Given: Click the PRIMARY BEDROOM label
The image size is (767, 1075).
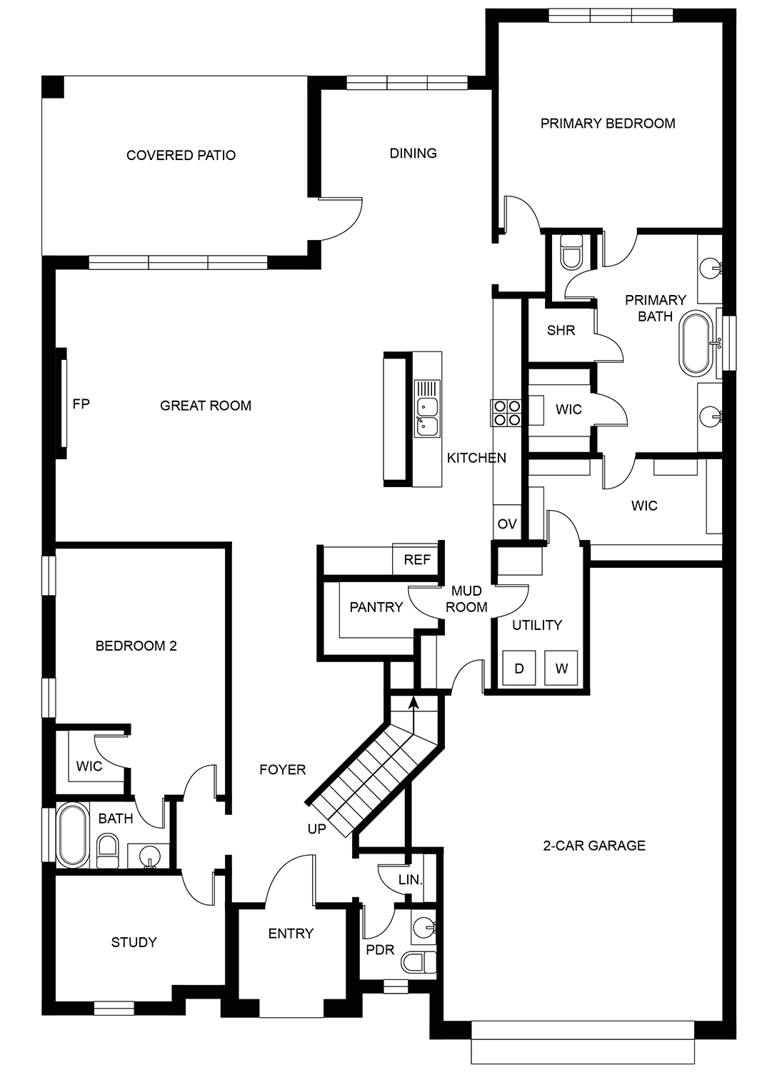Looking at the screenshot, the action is click(607, 124).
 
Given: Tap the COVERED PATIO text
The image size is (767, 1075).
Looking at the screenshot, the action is click(181, 155).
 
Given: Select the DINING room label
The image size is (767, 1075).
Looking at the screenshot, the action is click(413, 153).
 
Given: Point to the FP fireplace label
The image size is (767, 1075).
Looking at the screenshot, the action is click(81, 404).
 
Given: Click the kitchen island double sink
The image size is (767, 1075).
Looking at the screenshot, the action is click(427, 416).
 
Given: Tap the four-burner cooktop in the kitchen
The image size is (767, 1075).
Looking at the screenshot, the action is click(506, 413).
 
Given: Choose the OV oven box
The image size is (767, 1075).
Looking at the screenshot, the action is click(507, 523).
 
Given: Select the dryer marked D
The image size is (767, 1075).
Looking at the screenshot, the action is click(519, 668).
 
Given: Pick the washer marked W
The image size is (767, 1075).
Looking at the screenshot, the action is click(561, 668).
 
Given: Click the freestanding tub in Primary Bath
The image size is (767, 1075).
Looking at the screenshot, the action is click(698, 343).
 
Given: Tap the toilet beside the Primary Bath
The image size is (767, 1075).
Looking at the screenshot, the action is click(571, 251).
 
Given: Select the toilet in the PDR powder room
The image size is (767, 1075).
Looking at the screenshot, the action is click(419, 962).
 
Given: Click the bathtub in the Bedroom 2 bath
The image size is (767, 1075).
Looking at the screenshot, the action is click(72, 836).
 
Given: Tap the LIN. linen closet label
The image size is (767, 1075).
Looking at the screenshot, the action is click(411, 880).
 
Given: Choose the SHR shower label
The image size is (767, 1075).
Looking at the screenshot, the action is click(561, 330).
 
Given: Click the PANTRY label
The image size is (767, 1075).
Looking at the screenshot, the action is click(376, 607).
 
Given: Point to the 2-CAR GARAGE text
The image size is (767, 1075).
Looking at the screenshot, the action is click(594, 845).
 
